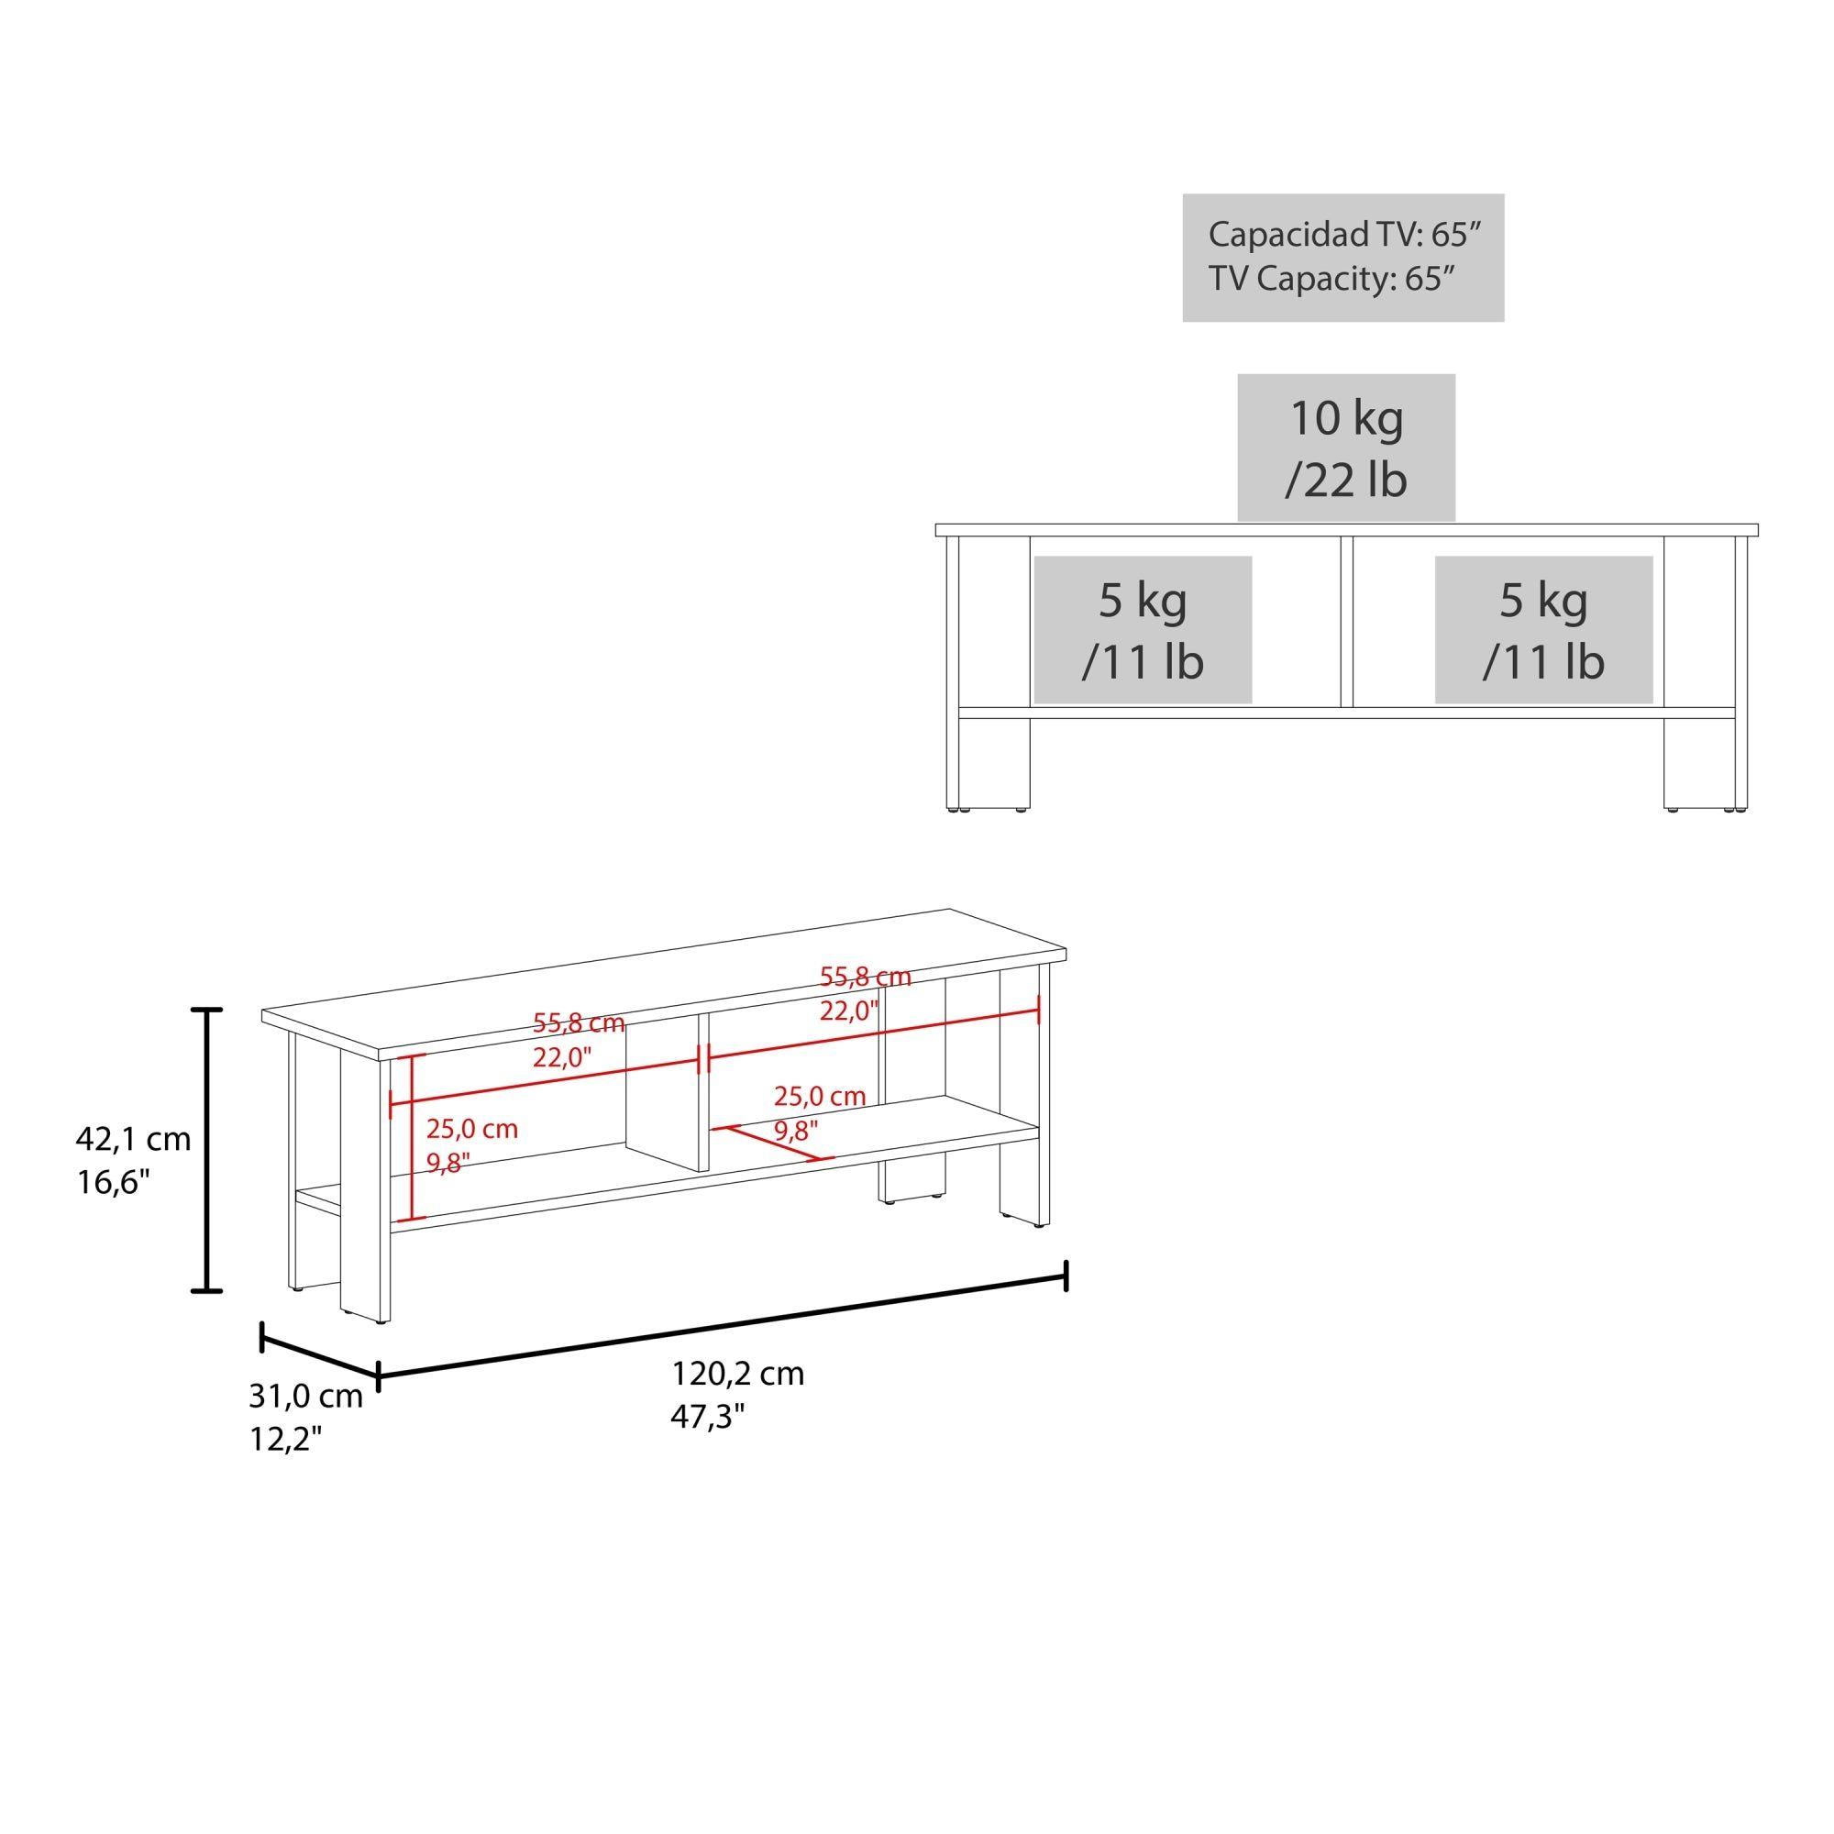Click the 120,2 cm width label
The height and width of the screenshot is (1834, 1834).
coord(737,1374)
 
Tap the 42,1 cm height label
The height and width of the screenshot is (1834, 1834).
coord(133,1138)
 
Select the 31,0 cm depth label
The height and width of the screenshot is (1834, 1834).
coord(305,1397)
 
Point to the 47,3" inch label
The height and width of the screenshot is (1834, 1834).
coord(708,1418)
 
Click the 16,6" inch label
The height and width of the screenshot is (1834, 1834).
coord(114,1182)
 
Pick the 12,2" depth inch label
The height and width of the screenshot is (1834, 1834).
coord(285,1440)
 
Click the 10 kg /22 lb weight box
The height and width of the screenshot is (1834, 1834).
coord(1345,447)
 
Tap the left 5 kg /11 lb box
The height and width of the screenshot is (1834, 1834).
coord(1143,629)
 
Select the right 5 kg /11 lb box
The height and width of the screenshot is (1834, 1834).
coord(1543,629)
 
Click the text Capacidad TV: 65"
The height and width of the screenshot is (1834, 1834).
coord(1344,235)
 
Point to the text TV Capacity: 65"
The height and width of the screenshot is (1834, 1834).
coord(1331,278)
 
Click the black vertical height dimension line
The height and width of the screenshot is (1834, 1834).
coord(207,1150)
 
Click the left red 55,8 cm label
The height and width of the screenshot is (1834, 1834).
coord(578,1023)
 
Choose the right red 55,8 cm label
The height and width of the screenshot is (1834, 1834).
coord(865,977)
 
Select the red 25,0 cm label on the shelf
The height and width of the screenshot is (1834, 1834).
coord(819,1097)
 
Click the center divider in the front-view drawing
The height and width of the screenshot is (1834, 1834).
coord(1345,623)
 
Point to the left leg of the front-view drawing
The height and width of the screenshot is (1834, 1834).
coord(994,759)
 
